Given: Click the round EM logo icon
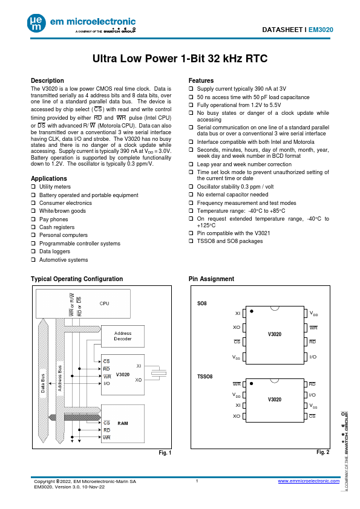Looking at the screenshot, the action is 36,24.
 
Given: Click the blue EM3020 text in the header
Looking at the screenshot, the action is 321,30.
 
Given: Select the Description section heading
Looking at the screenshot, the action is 47,80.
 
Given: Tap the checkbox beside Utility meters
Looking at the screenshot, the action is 33,186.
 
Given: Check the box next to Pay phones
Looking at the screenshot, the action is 33,219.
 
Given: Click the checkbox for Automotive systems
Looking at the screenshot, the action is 33,259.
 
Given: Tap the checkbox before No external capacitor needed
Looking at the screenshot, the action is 191,195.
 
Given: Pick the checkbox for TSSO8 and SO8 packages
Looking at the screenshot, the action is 191,241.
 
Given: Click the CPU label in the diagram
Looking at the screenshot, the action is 104,303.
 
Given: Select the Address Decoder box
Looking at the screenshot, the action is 123,336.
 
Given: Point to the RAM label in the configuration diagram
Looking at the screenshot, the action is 123,423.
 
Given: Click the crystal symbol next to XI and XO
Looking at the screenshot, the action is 159,374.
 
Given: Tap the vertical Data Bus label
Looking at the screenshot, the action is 43,383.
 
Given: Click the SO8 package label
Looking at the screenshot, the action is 201,303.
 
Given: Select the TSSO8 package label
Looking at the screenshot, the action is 205,377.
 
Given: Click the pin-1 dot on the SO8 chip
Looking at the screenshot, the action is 252,311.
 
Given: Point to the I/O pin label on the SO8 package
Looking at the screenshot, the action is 313,357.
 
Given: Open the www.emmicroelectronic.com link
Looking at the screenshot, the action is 309,481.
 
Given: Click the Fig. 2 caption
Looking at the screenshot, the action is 323,452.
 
